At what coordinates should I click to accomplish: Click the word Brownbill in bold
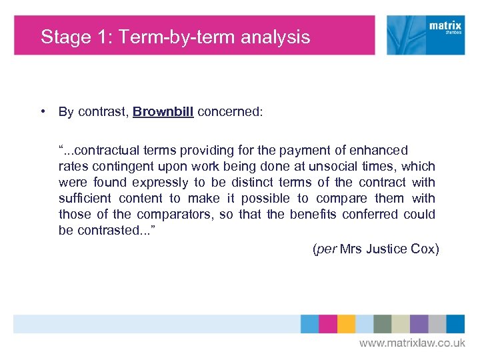(x=163, y=112)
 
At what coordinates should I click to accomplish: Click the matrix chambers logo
(x=426, y=35)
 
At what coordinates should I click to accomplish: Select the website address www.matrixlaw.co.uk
(x=412, y=343)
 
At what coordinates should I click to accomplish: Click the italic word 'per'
(x=325, y=249)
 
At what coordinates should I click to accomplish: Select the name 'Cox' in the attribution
(x=425, y=249)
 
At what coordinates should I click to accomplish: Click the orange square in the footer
(x=346, y=324)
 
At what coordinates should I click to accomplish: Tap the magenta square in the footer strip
(x=328, y=324)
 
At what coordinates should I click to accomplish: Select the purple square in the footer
(x=419, y=324)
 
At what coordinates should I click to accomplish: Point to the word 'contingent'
(x=123, y=167)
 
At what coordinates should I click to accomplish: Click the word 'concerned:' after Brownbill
(x=231, y=112)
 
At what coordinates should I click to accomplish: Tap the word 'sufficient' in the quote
(x=85, y=199)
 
